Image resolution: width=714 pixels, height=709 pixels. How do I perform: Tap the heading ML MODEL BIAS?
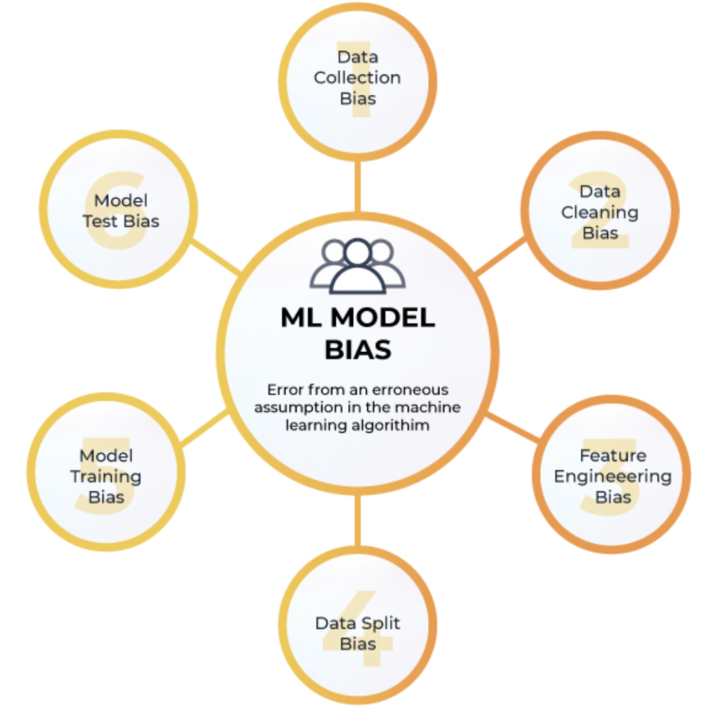(x=358, y=333)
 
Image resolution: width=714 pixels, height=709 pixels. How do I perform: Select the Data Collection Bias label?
(x=358, y=77)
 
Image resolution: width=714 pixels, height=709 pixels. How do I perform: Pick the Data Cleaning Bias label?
(x=600, y=212)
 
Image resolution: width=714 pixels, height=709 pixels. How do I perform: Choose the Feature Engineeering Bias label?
(x=613, y=476)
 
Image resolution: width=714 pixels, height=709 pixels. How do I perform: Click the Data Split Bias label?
(x=358, y=633)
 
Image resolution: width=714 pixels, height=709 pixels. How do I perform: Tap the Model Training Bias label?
(x=106, y=476)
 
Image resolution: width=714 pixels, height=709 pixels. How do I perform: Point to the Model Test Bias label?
(x=121, y=211)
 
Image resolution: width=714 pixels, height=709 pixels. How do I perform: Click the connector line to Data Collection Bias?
(x=358, y=186)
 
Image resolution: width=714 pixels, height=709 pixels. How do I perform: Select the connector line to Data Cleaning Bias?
(x=500, y=256)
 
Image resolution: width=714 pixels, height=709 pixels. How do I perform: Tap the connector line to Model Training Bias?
(x=204, y=428)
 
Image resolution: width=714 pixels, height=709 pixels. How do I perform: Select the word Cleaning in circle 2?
(x=600, y=212)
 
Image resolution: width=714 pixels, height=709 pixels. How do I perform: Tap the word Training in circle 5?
(x=106, y=476)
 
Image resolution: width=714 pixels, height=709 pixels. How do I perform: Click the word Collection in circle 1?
(x=358, y=77)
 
